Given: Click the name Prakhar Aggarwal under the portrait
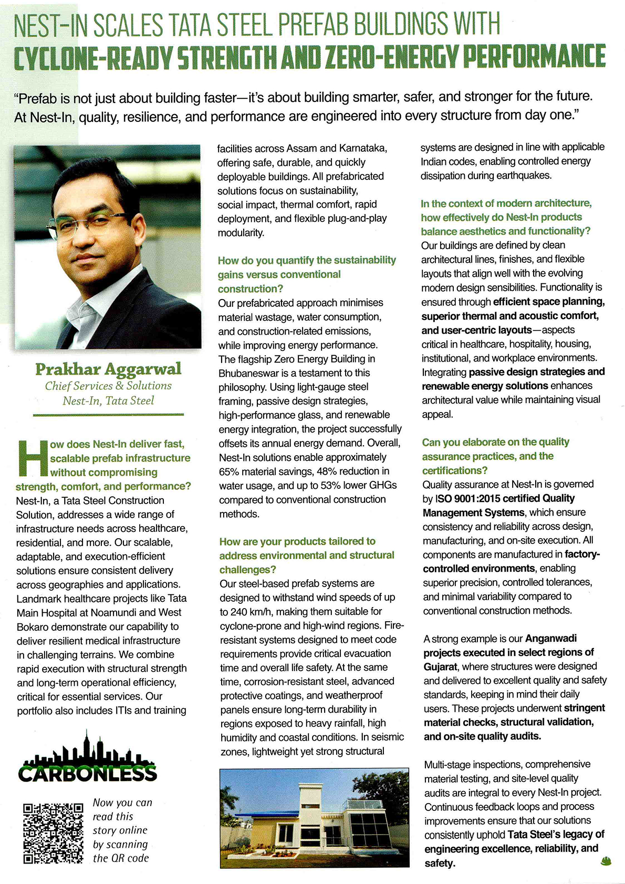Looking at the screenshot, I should click(x=108, y=369).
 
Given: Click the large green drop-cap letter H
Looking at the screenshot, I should click(x=32, y=458).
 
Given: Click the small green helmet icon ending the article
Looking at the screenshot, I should click(x=606, y=861).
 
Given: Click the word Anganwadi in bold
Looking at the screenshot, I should click(x=551, y=639).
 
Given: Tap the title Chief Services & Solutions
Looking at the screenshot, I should click(x=108, y=386).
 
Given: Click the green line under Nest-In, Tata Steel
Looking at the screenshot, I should click(x=108, y=415).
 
